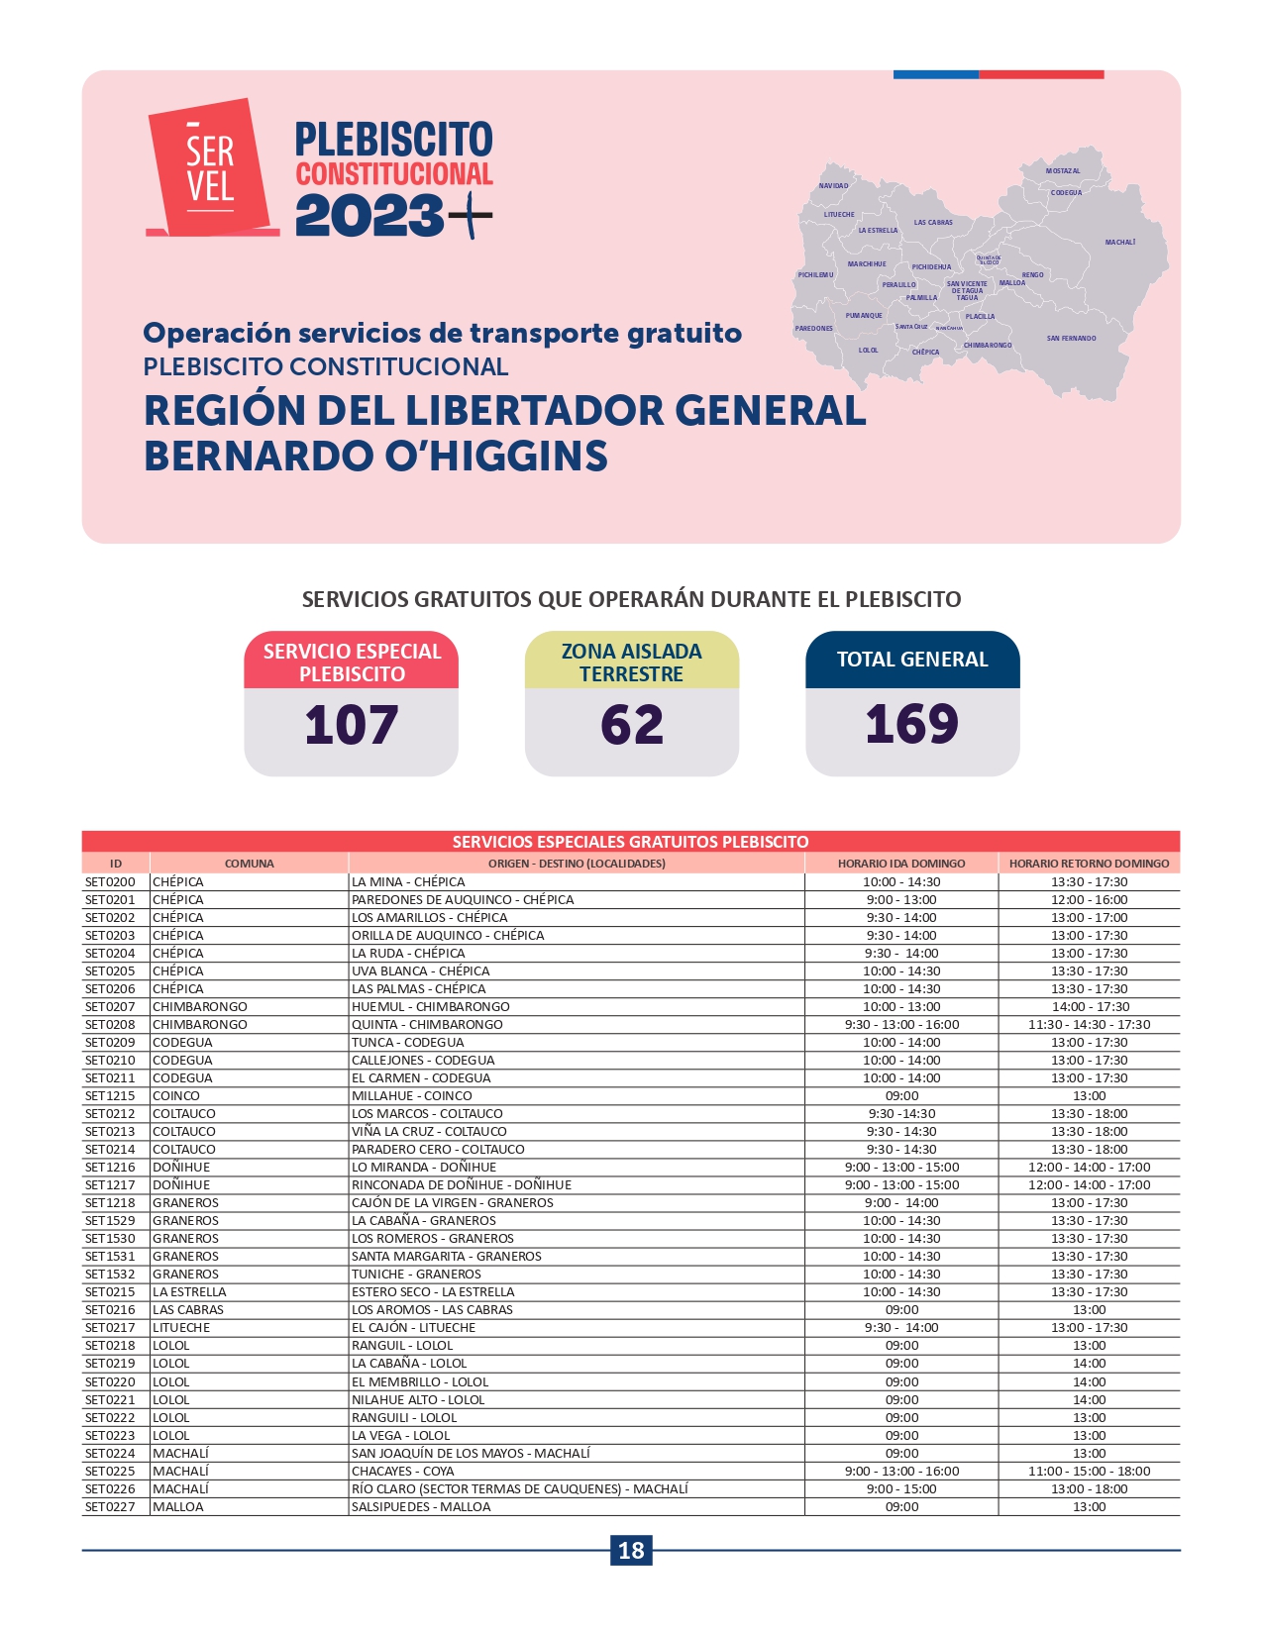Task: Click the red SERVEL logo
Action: pyautogui.click(x=211, y=167)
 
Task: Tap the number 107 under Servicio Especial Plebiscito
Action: pyautogui.click(x=351, y=725)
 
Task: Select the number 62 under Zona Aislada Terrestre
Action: pyautogui.click(x=631, y=725)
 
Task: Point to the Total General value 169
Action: pyautogui.click(x=911, y=725)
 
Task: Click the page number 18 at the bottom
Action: pyautogui.click(x=631, y=1550)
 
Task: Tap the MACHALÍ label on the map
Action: pyautogui.click(x=1119, y=243)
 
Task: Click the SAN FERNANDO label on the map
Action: pyautogui.click(x=1071, y=339)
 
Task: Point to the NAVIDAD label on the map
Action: pyautogui.click(x=833, y=186)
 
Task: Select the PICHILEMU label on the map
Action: pyautogui.click(x=815, y=275)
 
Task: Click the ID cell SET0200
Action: pyautogui.click(x=110, y=882)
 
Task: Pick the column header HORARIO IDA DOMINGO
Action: pyautogui.click(x=901, y=864)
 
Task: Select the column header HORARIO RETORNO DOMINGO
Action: pyautogui.click(x=1089, y=864)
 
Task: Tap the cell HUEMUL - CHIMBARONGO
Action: pyautogui.click(x=431, y=1007)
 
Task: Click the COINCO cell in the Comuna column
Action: pyautogui.click(x=176, y=1096)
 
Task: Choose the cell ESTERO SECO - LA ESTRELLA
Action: pyautogui.click(x=433, y=1292)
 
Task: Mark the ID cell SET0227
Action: pyautogui.click(x=110, y=1507)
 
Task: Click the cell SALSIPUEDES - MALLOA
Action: pyautogui.click(x=421, y=1507)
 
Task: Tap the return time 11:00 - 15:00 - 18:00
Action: pyautogui.click(x=1089, y=1472)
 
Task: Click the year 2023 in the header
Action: pyautogui.click(x=368, y=216)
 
